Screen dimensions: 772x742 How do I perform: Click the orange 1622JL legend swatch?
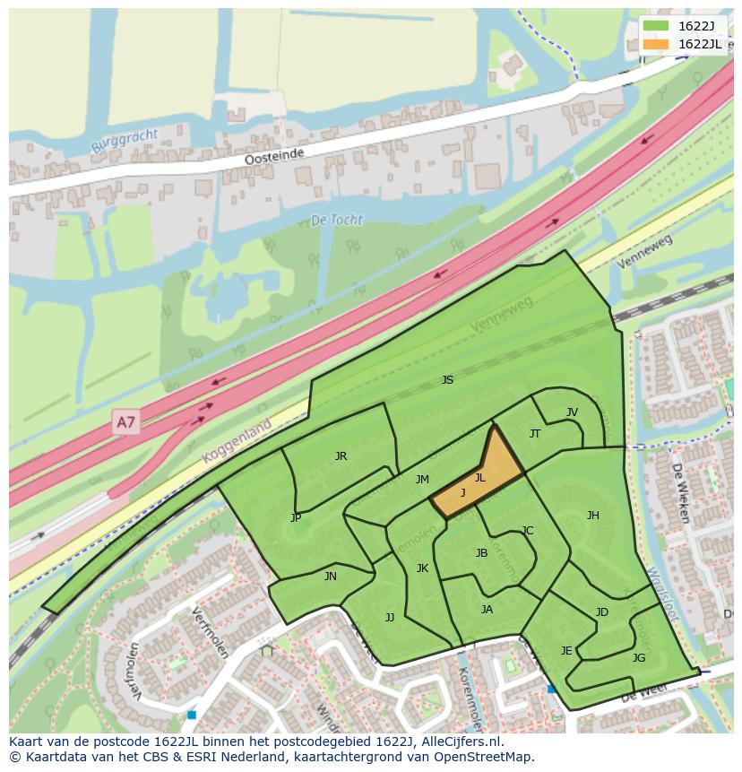click(656, 44)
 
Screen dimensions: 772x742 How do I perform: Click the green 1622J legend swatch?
click(656, 26)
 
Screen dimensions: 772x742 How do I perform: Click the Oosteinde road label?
click(274, 157)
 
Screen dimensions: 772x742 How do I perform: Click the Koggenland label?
click(238, 445)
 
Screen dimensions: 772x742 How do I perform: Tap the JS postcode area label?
click(447, 380)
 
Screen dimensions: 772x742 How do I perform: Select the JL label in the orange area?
click(479, 478)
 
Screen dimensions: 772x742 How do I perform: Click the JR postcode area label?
click(341, 456)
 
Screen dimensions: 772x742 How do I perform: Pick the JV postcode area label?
click(572, 412)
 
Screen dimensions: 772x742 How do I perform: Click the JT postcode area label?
click(535, 434)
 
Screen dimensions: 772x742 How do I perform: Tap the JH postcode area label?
click(592, 516)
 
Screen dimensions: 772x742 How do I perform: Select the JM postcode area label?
click(422, 480)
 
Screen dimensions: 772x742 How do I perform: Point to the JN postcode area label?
click(331, 577)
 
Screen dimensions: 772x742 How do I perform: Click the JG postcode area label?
click(638, 657)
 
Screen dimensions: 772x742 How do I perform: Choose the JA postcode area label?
click(487, 610)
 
